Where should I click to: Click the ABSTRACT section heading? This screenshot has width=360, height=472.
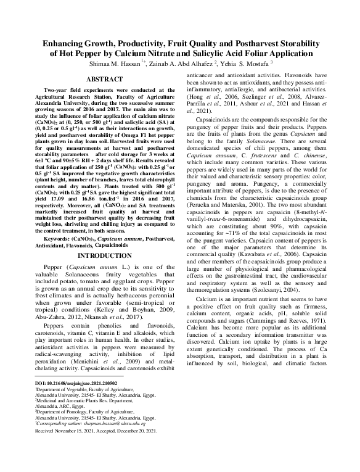click(x=104, y=80)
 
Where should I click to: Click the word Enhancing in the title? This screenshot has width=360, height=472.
click(x=68, y=45)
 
